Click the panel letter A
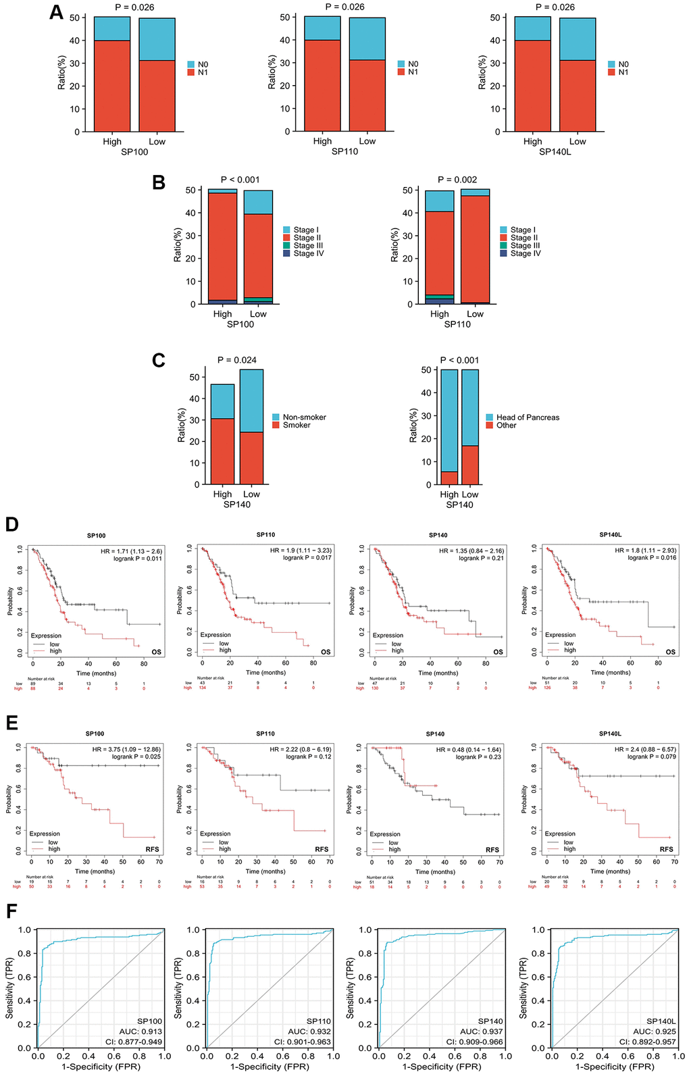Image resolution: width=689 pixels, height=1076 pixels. click(57, 13)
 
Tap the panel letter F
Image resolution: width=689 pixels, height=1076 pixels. click(11, 911)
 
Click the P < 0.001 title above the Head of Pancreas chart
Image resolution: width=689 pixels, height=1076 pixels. click(459, 360)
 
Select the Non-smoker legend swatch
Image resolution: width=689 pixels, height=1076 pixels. click(276, 417)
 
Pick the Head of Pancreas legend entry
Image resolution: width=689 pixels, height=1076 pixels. click(528, 417)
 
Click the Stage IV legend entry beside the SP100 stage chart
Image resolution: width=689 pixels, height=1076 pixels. click(308, 254)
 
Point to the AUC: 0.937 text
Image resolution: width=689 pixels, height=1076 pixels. click(482, 1031)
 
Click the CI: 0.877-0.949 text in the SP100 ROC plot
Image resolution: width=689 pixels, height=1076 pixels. click(133, 1042)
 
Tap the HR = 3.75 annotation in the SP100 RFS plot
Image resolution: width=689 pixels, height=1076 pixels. click(126, 749)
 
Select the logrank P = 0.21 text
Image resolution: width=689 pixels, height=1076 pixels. click(481, 559)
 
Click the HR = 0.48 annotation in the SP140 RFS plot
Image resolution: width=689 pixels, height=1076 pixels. click(468, 750)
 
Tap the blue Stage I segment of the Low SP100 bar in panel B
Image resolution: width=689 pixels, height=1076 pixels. click(258, 203)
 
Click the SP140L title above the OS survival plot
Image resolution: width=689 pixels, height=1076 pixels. click(611, 535)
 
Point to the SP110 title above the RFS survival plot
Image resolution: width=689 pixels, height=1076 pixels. click(265, 734)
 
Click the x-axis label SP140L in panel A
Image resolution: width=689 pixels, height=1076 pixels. click(555, 152)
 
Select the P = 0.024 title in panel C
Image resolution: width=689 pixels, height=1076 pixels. click(237, 360)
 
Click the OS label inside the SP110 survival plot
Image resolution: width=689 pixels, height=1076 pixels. click(326, 652)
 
